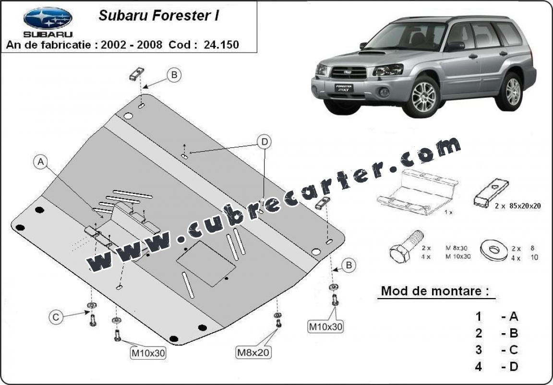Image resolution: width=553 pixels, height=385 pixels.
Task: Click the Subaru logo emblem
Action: click(48, 18)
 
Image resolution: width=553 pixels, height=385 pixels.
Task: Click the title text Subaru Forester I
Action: click(159, 15)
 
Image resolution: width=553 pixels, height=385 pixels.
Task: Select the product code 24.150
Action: click(221, 45)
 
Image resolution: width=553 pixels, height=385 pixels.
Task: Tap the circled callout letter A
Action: click(41, 162)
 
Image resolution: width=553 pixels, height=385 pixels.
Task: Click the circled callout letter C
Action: click(56, 317)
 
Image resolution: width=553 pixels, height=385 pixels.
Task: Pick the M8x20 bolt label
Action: click(253, 352)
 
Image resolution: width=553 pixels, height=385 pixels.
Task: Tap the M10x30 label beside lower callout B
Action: click(325, 327)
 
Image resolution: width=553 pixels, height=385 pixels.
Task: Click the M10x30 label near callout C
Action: click(148, 352)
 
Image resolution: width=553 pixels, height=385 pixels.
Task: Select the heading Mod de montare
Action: click(435, 291)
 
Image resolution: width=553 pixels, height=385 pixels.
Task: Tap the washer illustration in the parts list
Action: click(494, 250)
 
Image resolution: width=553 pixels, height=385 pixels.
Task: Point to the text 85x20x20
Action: click(525, 206)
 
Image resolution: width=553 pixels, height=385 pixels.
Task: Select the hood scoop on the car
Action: click(373, 53)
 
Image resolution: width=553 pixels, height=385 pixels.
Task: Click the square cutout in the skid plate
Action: click(206, 264)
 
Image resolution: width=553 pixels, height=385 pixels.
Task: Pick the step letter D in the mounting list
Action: click(514, 367)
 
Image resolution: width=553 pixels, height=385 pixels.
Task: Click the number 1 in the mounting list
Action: click(478, 317)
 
